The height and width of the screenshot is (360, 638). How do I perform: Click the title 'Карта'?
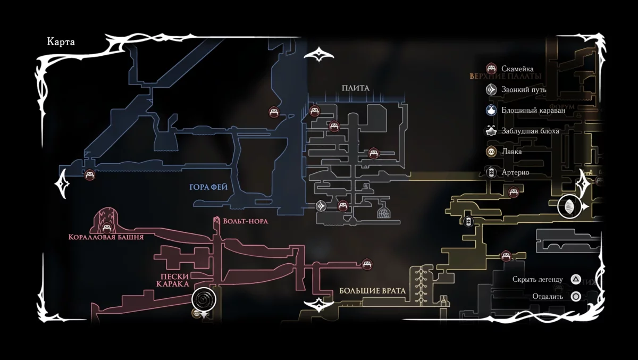coord(61,43)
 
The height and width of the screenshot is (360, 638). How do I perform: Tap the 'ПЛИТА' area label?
coord(356,88)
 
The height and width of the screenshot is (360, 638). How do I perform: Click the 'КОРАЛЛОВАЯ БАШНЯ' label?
coord(106,237)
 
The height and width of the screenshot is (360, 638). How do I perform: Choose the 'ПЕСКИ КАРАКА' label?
coord(173,280)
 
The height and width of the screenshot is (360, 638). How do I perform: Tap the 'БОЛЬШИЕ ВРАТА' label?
coord(372,291)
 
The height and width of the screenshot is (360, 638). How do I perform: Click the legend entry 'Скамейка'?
coord(517,69)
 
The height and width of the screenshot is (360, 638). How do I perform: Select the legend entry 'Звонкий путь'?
coord(523,89)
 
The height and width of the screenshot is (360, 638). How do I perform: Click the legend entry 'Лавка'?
coord(511,152)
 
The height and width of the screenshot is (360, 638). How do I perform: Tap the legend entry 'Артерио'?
coord(515,172)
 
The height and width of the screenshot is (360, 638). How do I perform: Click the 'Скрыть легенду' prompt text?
coord(537,279)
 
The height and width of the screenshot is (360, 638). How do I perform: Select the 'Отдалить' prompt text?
coord(547,297)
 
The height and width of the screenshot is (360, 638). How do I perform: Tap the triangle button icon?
coord(575,279)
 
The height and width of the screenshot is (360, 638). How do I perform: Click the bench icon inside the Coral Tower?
coord(106,228)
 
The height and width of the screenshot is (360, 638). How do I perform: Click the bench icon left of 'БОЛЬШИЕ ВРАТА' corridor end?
coord(366,263)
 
